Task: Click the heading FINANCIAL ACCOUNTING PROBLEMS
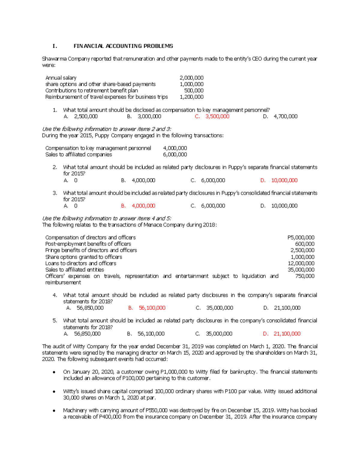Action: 123,46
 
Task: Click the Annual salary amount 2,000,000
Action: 191,78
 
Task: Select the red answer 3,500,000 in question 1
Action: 217,116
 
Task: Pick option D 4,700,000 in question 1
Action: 285,116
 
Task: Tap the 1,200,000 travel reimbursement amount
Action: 191,97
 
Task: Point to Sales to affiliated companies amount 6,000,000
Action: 175,155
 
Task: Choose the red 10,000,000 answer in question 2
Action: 284,180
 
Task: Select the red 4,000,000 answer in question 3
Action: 143,206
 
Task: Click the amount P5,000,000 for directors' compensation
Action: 301,237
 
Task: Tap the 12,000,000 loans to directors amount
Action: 301,263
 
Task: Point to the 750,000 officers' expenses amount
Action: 305,276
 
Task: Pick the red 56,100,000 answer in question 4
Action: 152,308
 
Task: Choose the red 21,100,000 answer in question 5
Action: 287,334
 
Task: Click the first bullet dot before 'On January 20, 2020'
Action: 54,372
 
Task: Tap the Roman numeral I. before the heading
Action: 54,46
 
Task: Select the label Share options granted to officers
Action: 84,257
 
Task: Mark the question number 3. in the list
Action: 55,193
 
